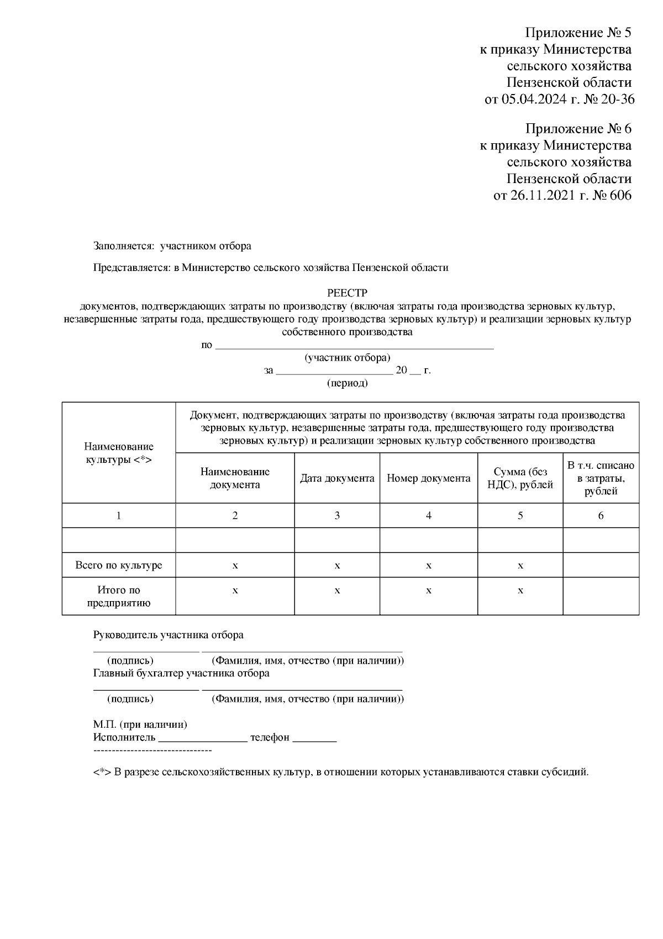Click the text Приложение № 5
tap(578, 33)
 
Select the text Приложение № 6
tap(578, 129)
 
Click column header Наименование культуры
tap(119, 453)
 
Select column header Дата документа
tap(337, 478)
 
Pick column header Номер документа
tap(428, 478)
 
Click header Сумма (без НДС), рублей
tap(520, 478)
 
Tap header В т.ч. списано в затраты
tap(601, 478)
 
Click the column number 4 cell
tap(428, 515)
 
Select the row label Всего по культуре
tap(119, 565)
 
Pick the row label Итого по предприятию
tap(119, 596)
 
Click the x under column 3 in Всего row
tap(337, 565)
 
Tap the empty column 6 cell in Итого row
tap(601, 596)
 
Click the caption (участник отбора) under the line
tap(348, 358)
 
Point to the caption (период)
tap(348, 383)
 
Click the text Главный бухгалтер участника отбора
tap(181, 673)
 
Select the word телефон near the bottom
tap(270, 738)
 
